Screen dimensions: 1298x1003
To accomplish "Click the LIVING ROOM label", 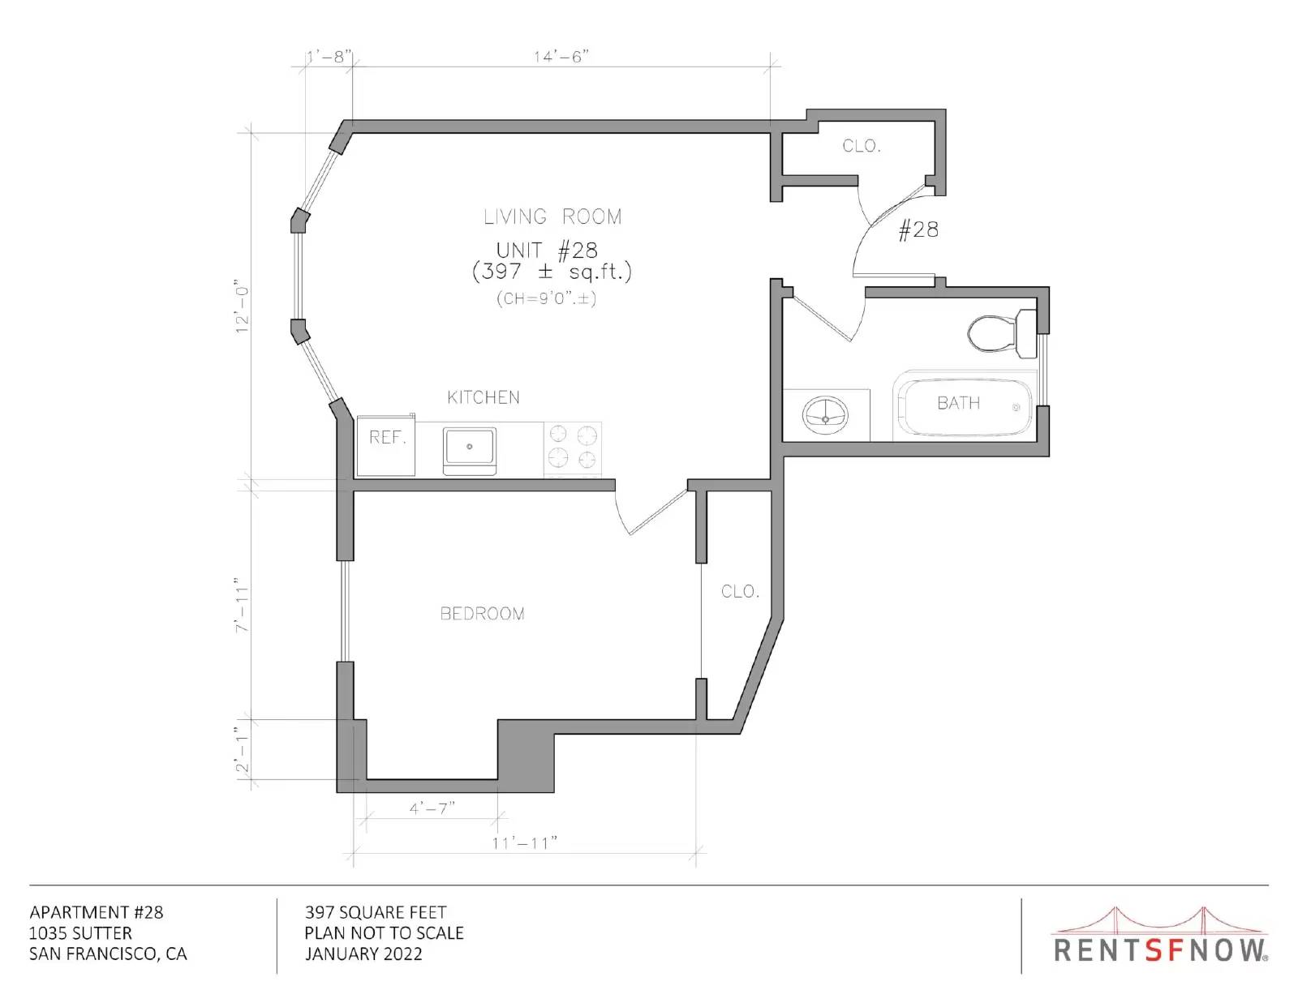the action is [552, 216].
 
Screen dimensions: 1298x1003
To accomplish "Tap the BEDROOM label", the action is [482, 613].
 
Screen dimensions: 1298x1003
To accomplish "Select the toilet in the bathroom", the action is [1002, 334].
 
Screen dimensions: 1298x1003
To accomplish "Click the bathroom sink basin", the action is [825, 415].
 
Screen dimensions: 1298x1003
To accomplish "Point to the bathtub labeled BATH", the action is [964, 405].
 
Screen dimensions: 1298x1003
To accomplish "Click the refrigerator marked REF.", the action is [386, 445].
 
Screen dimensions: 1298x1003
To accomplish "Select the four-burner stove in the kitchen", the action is [572, 449].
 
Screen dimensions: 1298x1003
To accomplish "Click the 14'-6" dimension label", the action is [561, 57].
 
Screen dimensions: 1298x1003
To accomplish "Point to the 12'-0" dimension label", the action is [241, 306].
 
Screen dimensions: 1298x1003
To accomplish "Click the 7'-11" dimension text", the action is [241, 604].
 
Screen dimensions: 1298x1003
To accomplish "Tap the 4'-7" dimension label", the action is [432, 808].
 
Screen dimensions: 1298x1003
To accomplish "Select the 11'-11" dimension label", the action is [524, 843].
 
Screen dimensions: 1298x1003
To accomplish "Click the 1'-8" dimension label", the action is [327, 57].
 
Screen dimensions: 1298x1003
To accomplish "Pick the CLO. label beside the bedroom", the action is [740, 591].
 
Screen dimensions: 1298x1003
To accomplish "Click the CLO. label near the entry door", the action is [862, 146].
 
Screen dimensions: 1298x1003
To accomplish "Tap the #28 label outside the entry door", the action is [918, 229].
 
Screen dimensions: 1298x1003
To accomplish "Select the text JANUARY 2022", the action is [363, 954].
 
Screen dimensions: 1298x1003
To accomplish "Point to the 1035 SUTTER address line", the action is [80, 932].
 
